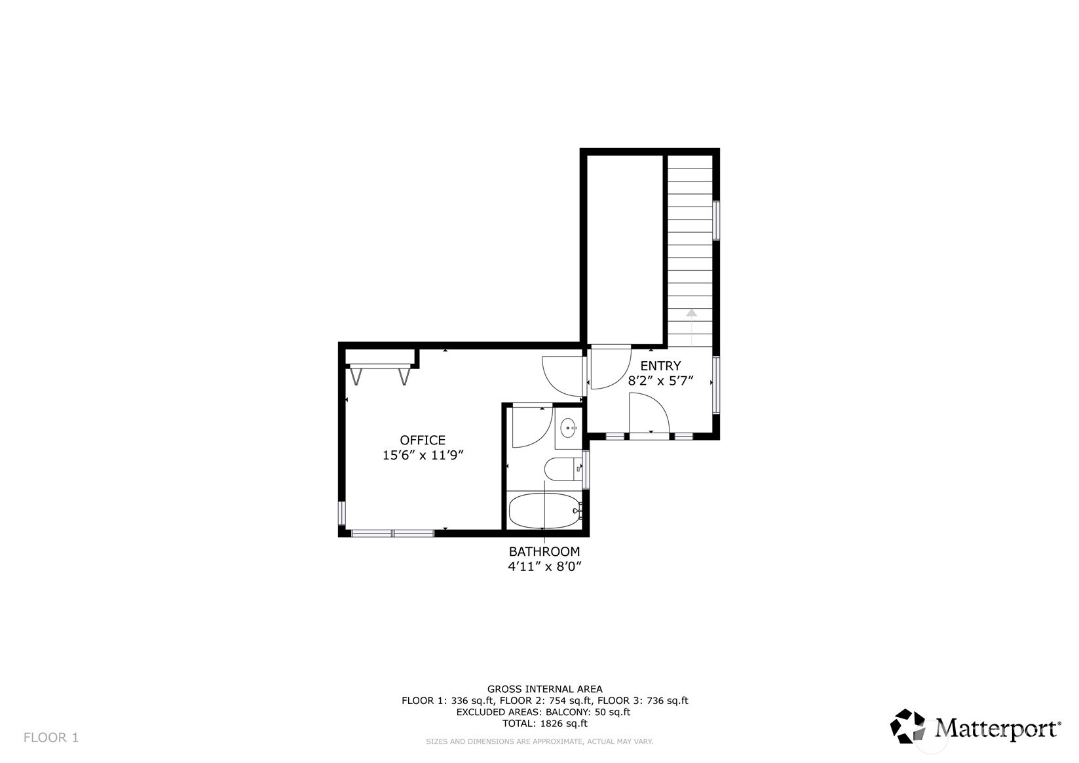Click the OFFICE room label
423,440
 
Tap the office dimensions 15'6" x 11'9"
423,456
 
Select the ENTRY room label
660,366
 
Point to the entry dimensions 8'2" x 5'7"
660,381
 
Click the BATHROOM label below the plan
544,552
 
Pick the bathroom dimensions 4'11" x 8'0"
544,567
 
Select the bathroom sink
568,428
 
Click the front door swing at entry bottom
649,413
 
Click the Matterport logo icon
907,726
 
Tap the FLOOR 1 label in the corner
51,737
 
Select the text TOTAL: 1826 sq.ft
544,724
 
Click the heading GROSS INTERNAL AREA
544,689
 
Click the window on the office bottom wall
392,534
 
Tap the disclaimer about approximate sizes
539,741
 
